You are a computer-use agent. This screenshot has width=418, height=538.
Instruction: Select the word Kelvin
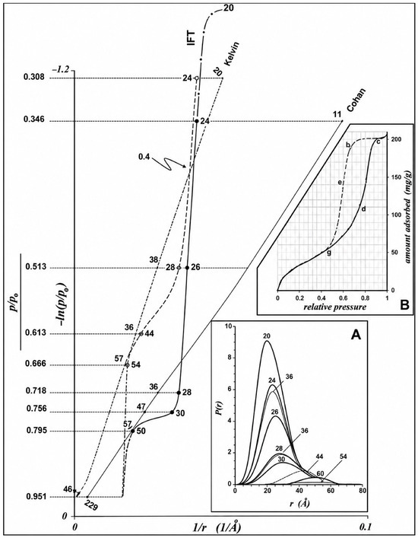[x=232, y=54]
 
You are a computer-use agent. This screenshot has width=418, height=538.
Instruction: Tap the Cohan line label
[x=356, y=100]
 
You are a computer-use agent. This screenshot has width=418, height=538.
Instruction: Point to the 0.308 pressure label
[x=34, y=78]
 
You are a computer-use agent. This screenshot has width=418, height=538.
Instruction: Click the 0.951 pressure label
[x=34, y=496]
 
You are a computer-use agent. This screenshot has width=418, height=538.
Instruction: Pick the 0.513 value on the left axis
[x=34, y=268]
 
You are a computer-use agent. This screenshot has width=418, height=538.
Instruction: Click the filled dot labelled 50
[x=132, y=431]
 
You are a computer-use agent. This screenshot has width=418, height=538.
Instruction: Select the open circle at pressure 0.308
[x=196, y=78]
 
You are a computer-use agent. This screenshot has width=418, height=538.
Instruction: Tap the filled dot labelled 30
[x=173, y=412]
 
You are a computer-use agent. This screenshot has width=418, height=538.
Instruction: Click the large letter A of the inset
[x=356, y=336]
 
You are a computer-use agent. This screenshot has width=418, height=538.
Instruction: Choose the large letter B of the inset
[x=404, y=305]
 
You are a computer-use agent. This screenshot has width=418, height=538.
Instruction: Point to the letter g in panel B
[x=329, y=253]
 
